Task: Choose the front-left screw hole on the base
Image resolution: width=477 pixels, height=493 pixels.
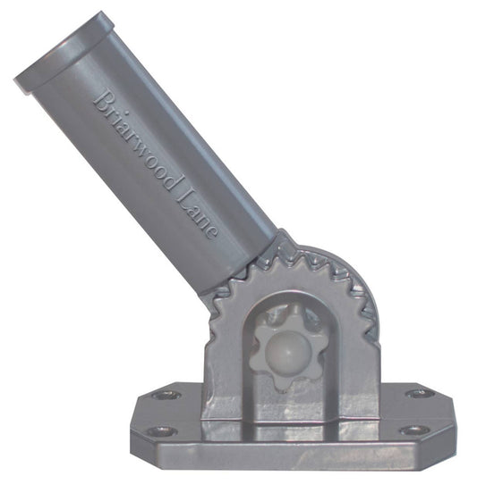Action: (160, 430)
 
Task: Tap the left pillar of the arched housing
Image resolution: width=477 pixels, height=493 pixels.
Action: (226, 357)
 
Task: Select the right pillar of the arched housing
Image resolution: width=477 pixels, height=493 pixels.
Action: (353, 357)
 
